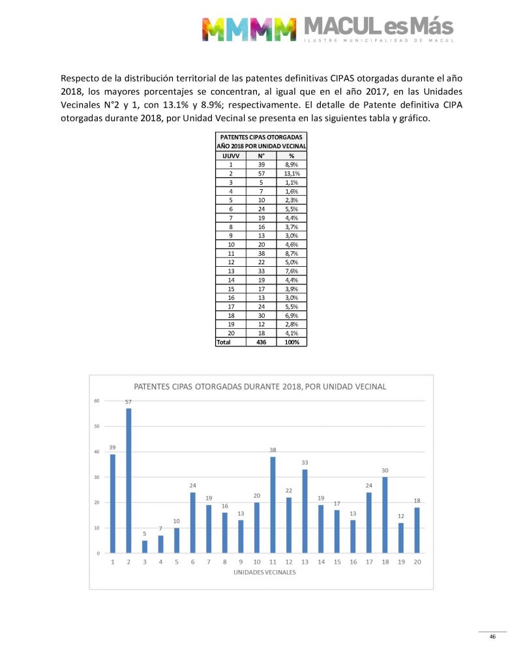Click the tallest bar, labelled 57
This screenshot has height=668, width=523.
click(x=128, y=481)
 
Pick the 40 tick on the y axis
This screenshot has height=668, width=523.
click(x=96, y=452)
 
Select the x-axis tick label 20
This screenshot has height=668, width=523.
click(x=417, y=562)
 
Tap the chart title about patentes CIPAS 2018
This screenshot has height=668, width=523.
click(x=260, y=386)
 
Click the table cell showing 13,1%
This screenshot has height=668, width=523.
click(x=291, y=174)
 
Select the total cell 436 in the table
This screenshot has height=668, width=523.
click(x=261, y=341)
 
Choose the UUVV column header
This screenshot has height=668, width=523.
click(x=231, y=156)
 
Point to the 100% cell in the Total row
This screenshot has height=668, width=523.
click(x=291, y=341)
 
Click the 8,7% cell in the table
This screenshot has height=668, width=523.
click(x=291, y=252)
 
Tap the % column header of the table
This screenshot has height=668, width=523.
click(x=291, y=156)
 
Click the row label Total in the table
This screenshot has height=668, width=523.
click(x=224, y=341)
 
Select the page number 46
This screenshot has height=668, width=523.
click(x=493, y=637)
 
